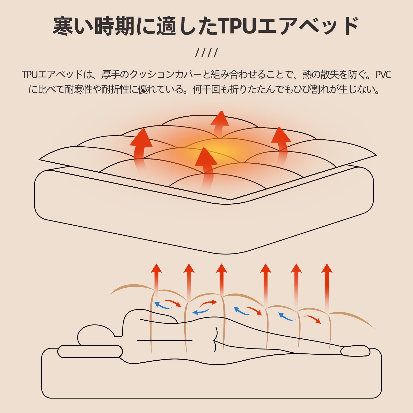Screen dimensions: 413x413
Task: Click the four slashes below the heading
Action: (206, 53)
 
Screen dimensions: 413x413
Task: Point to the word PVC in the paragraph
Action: (383, 75)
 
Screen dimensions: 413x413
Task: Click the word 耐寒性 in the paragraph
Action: (78, 90)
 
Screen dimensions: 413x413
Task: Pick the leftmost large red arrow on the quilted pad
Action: (141, 145)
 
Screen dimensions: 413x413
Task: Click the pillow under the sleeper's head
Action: (90, 351)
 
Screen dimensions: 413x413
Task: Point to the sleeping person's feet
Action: (355, 351)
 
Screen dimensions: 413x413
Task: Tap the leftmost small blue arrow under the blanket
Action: (163, 306)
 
